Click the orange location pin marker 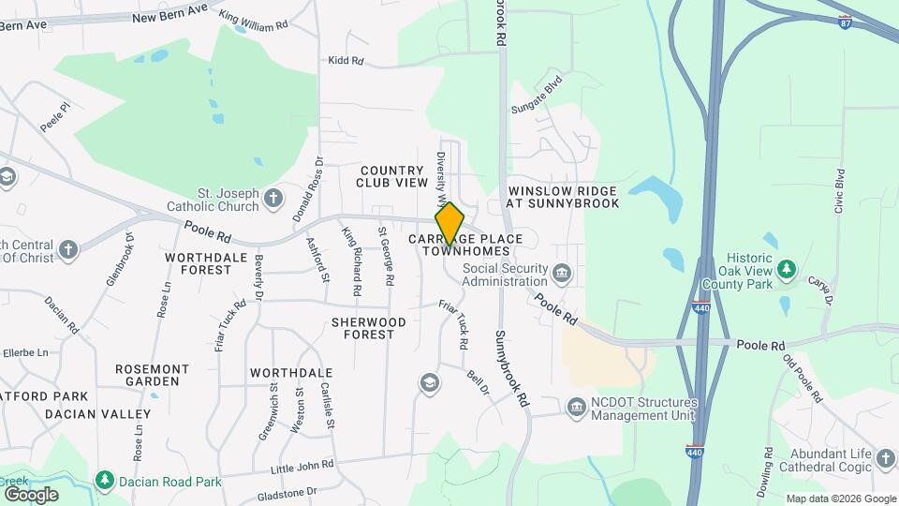449,222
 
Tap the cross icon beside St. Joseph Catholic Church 273,198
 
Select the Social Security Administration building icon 562,273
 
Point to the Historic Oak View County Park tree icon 787,269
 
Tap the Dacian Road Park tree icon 105,481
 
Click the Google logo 31,494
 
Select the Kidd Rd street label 345,61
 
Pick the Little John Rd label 302,466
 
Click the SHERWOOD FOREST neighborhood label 369,328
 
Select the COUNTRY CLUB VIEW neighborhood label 391,176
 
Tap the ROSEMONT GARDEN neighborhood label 147,375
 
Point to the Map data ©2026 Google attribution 840,499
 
